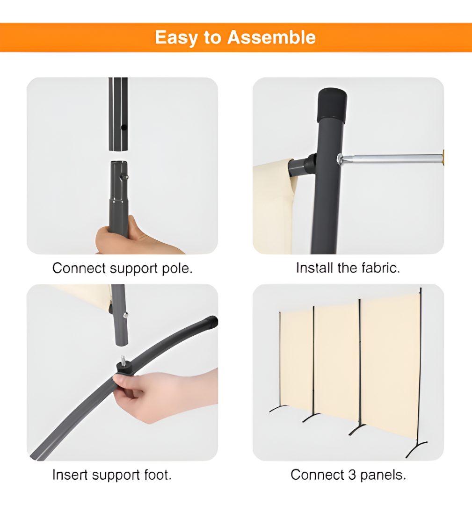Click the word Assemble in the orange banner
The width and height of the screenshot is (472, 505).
click(x=272, y=37)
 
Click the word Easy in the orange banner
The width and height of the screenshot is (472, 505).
click(x=175, y=38)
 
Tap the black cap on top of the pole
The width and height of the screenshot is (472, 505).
click(x=332, y=105)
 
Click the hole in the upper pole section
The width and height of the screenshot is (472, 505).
click(x=123, y=128)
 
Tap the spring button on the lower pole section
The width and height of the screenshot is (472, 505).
click(x=125, y=177)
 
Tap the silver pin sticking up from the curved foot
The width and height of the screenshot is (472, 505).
click(x=123, y=360)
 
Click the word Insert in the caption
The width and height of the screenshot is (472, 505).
click(x=70, y=475)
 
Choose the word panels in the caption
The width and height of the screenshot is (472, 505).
click(x=383, y=476)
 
